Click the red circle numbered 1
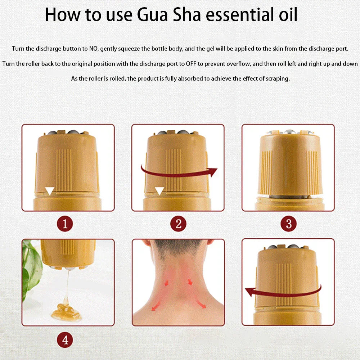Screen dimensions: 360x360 click(65, 224)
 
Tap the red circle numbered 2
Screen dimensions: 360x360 click(178, 224)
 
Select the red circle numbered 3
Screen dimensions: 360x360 click(288, 224)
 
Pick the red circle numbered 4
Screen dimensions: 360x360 click(65, 340)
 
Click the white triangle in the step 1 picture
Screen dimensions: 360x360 click(50, 191)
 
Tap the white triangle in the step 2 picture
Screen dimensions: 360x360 click(159, 191)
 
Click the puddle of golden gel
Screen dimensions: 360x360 click(66, 311)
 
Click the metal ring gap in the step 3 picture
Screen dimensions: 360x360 click(288, 197)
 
